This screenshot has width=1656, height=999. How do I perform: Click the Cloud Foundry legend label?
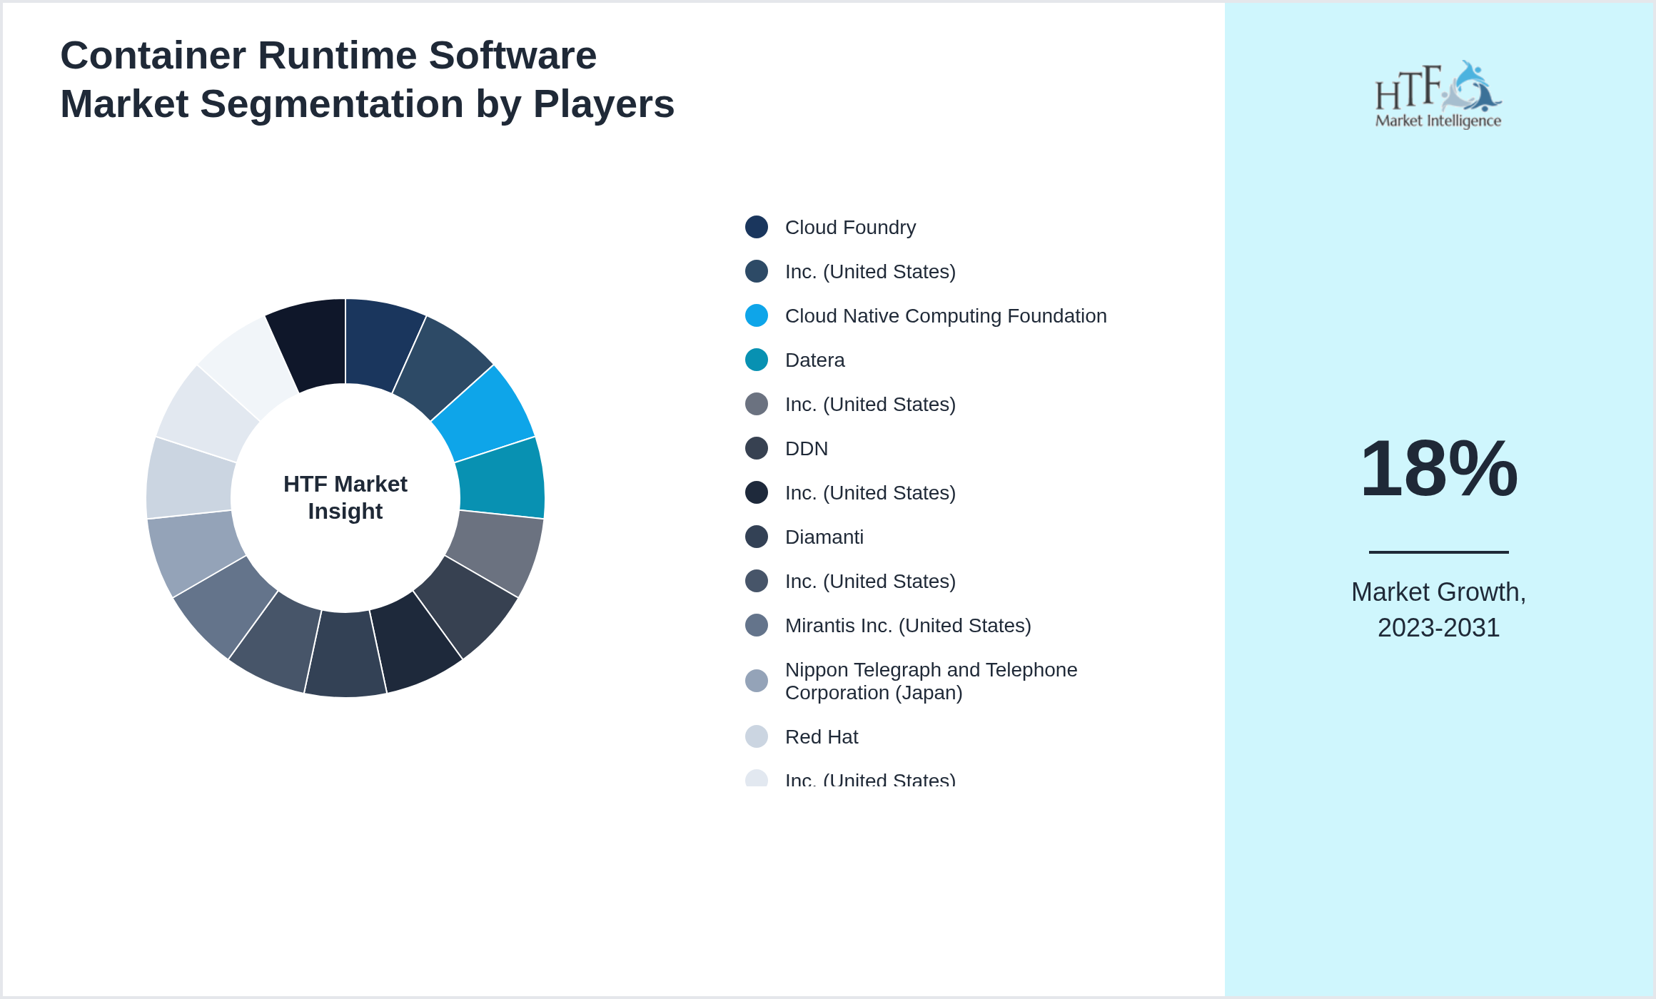coord(849,228)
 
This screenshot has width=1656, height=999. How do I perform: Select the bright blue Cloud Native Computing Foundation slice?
coord(485,414)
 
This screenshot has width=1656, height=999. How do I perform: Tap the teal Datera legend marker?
coord(757,360)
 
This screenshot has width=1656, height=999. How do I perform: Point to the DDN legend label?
coord(806,449)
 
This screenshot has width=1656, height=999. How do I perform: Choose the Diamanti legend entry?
coord(824,537)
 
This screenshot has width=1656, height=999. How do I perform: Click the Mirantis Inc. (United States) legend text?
coord(907,626)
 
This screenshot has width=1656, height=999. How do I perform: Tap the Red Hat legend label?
coord(821,737)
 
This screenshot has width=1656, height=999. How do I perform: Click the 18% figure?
coord(1438,469)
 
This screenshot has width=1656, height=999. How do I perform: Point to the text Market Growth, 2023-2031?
coord(1438,609)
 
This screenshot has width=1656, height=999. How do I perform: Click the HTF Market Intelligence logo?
coord(1438,95)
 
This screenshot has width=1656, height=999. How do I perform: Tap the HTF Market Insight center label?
coord(345,497)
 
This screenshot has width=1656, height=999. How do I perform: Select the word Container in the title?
coord(153,56)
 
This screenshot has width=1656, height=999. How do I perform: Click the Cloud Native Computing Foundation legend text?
coord(945,316)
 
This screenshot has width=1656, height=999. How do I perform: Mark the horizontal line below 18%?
coord(1438,552)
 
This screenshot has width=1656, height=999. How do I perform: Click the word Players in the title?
coord(603,104)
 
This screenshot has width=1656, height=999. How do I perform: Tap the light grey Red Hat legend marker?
coord(757,737)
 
